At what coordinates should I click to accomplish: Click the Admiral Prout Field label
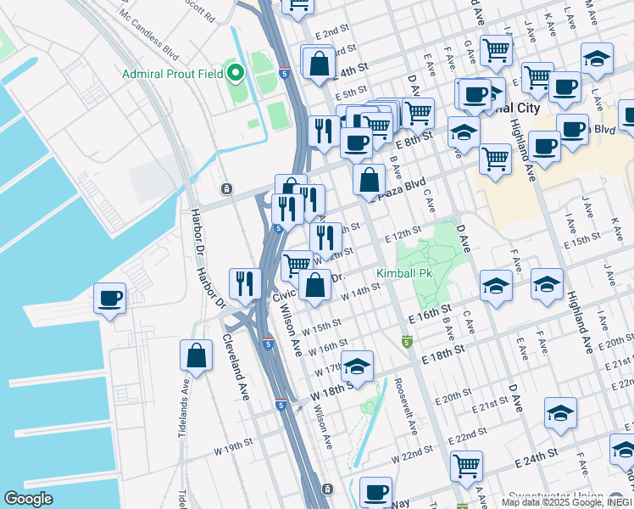172,74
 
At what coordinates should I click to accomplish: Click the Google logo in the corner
29,499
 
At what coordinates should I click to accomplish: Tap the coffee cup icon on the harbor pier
110,299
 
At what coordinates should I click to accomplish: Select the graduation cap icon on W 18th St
358,366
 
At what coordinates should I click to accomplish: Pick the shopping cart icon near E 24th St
466,466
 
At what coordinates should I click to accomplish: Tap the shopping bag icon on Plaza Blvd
370,179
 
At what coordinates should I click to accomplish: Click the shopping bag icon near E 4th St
318,64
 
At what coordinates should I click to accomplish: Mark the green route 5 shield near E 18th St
407,342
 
